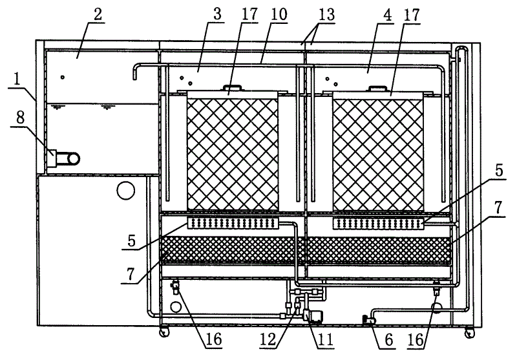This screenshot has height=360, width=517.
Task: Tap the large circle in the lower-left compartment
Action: (126, 190)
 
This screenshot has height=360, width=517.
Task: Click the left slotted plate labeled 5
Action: (233, 224)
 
